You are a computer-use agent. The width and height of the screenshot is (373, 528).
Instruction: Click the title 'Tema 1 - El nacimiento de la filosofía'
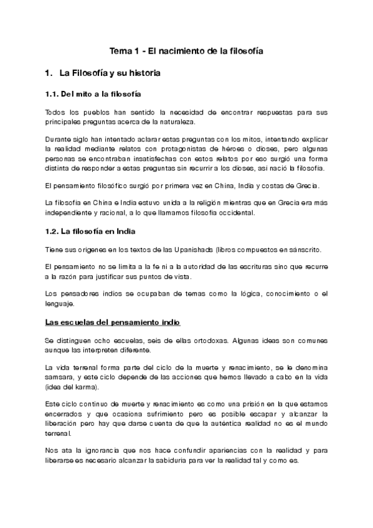coord(187,52)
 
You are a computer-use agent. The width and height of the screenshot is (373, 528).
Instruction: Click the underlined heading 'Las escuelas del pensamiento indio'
coord(113,323)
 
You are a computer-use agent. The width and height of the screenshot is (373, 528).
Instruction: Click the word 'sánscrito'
coord(302,249)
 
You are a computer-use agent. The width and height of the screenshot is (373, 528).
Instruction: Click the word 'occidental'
coord(227,213)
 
